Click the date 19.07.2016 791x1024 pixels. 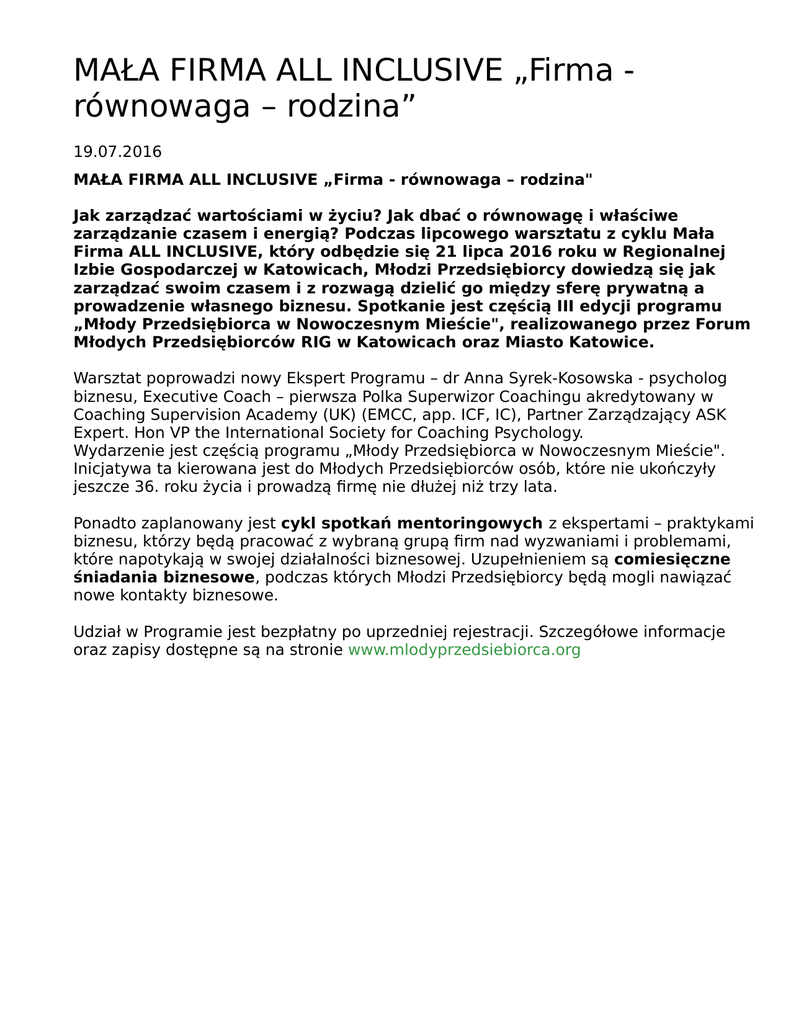[117, 152]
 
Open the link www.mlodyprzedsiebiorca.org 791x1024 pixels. [464, 649]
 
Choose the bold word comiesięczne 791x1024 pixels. [672, 559]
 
